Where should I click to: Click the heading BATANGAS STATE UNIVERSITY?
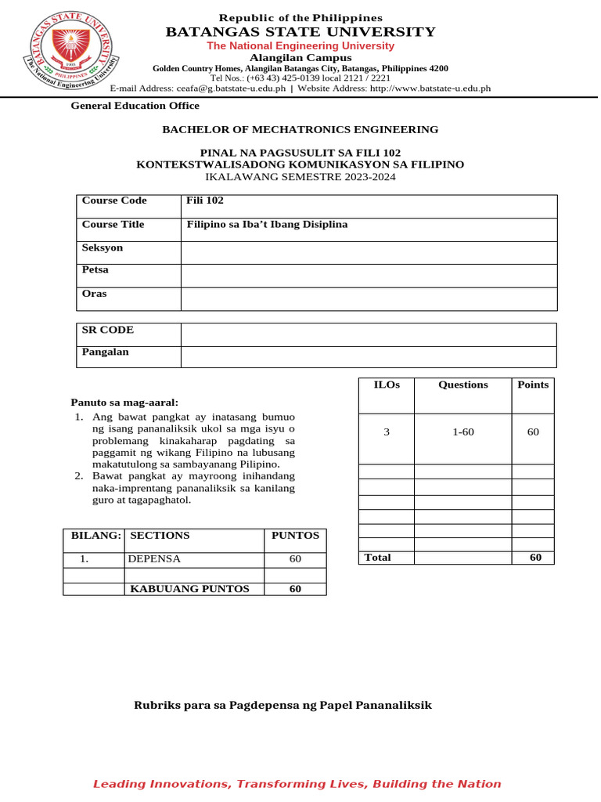coord(300,32)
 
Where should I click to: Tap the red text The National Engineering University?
coord(300,46)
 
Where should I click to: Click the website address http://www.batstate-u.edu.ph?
coord(430,89)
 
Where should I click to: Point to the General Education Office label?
coord(135,106)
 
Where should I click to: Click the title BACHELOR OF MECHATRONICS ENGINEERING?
coord(300,129)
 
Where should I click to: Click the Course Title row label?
coord(113,225)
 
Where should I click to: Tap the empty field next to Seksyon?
coord(369,252)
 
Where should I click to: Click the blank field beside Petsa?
coord(369,276)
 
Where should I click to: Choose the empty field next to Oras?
coord(369,299)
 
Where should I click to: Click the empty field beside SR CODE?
coord(369,334)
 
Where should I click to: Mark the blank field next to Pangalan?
coord(369,356)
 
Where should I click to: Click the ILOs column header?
coord(386,385)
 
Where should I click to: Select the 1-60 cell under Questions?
coord(462,432)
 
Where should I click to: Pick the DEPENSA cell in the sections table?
coord(154,559)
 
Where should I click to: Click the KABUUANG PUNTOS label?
coord(189,589)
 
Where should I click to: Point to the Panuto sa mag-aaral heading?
coord(124,403)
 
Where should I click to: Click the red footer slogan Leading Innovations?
coord(297,784)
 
